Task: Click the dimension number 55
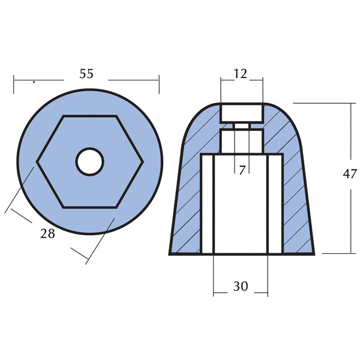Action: point(86,74)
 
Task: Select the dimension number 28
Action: point(47,233)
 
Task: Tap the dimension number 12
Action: point(241,74)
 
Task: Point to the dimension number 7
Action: point(242,170)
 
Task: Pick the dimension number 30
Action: point(241,287)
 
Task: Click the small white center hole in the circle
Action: point(89,161)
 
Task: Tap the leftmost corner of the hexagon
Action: point(38,161)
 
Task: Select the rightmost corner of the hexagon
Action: point(142,161)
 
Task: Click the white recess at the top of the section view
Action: point(241,112)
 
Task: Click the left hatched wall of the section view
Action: point(188,198)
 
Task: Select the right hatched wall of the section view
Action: point(295,198)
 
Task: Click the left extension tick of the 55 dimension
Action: point(14,85)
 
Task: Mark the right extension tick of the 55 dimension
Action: point(160,85)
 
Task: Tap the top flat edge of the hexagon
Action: point(89,115)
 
